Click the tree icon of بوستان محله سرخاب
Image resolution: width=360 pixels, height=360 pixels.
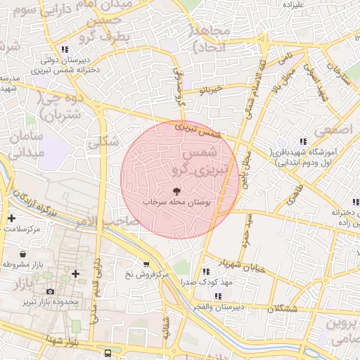click(x=176, y=191)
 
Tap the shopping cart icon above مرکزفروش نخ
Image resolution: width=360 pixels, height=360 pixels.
click(x=146, y=264)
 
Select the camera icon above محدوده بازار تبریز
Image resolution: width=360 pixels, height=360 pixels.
click(x=50, y=291)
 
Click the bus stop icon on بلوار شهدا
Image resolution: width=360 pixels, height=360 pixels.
click(x=108, y=353)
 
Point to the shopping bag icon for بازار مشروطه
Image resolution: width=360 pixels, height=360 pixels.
click(x=23, y=254)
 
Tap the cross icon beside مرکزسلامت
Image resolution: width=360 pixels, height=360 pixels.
click(x=11, y=218)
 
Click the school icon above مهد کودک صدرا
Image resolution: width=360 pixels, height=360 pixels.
click(x=206, y=271)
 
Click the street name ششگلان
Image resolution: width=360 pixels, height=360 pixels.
click(x=283, y=309)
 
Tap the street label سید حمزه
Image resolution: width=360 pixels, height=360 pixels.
click(x=247, y=229)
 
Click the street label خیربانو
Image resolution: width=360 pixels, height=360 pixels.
click(x=211, y=90)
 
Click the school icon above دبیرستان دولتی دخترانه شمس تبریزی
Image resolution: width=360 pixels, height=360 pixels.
click(x=65, y=49)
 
